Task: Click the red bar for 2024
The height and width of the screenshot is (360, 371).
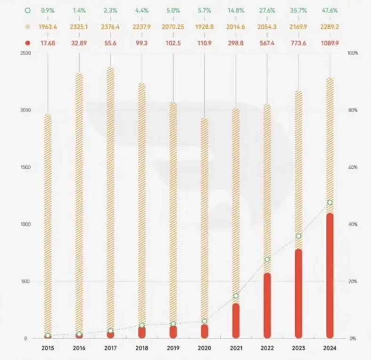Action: coord(330,276)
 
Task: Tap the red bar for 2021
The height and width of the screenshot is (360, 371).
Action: coord(236,321)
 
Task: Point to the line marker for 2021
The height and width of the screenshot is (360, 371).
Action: coord(236,296)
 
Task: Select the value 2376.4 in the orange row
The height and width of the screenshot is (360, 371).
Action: coord(110,26)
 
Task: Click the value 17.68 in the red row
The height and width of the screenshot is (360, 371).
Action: coord(48,43)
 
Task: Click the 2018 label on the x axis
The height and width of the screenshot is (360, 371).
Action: coord(141,348)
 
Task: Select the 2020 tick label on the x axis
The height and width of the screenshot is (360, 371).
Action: coord(204,348)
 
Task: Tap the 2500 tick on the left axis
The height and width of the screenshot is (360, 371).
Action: coord(25,53)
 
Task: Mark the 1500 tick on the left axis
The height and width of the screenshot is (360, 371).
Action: coord(25,167)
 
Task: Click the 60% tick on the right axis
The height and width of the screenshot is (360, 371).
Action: coord(353,167)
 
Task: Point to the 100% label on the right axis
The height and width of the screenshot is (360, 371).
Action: coord(353,53)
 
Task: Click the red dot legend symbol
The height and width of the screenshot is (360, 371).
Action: coord(27,43)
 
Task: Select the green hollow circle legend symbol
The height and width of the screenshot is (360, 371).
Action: coord(27,10)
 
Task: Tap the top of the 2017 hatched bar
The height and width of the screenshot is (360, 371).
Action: coord(110,69)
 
